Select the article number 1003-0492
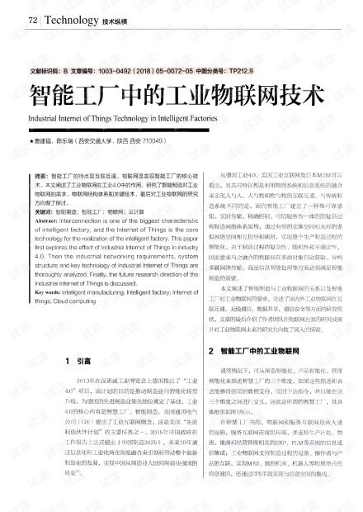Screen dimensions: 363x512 tap(111, 72)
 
